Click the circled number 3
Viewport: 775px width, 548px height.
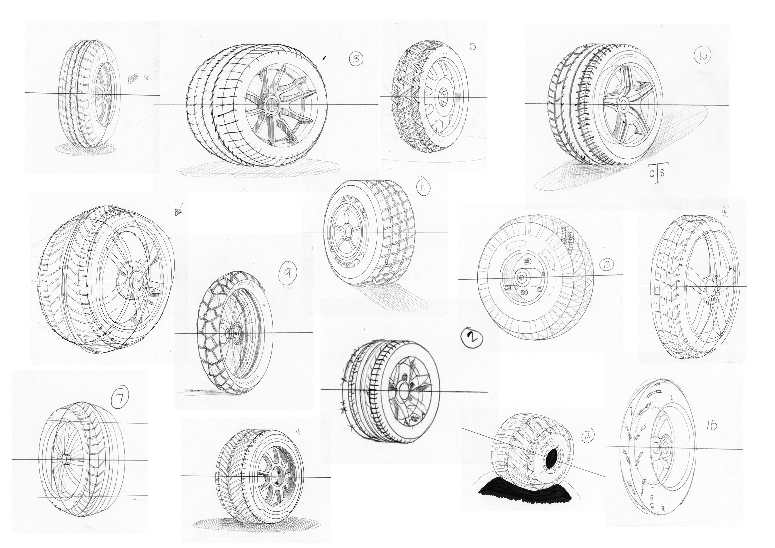pyautogui.click(x=356, y=59)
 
